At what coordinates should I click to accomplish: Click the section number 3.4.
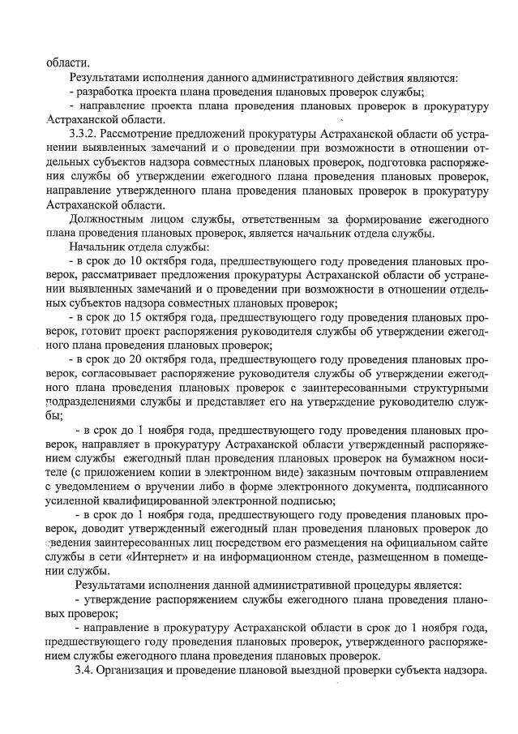[83, 671]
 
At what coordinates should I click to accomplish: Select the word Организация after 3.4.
[139, 671]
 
